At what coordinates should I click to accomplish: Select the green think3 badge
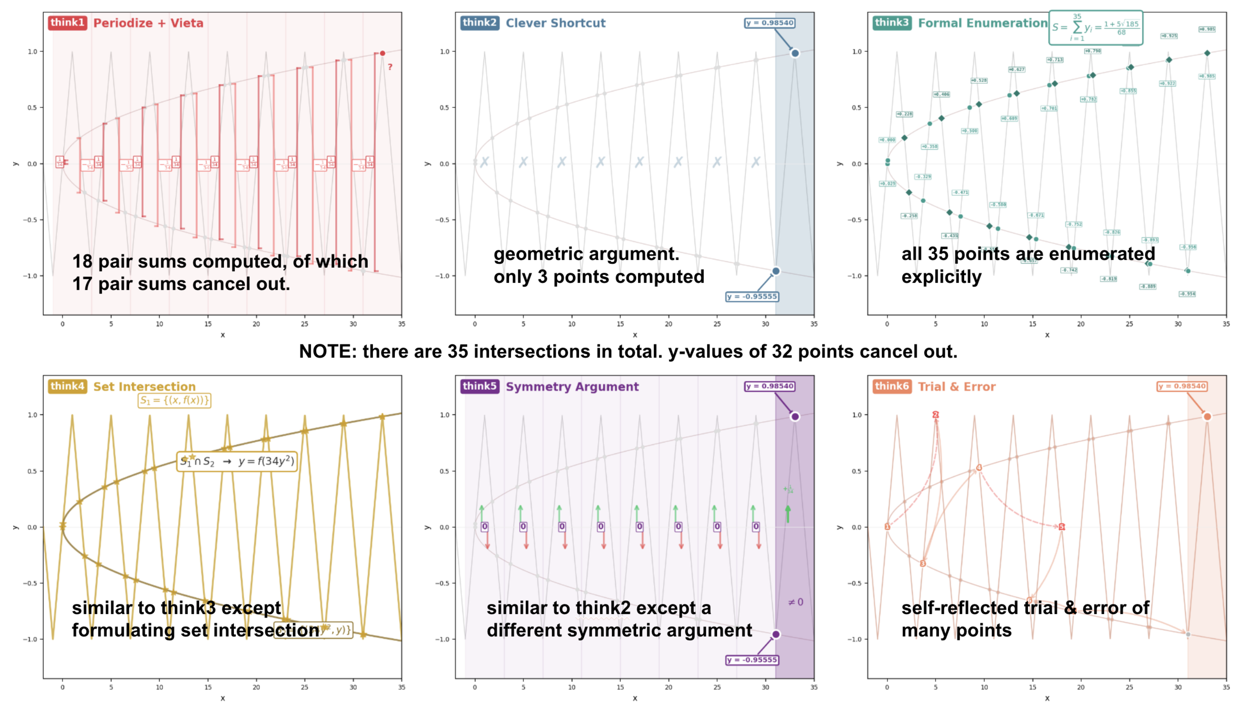891,23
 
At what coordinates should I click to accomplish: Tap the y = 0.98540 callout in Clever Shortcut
769,23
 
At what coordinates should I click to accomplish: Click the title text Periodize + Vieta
148,23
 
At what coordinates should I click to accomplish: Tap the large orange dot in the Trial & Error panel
1207,417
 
